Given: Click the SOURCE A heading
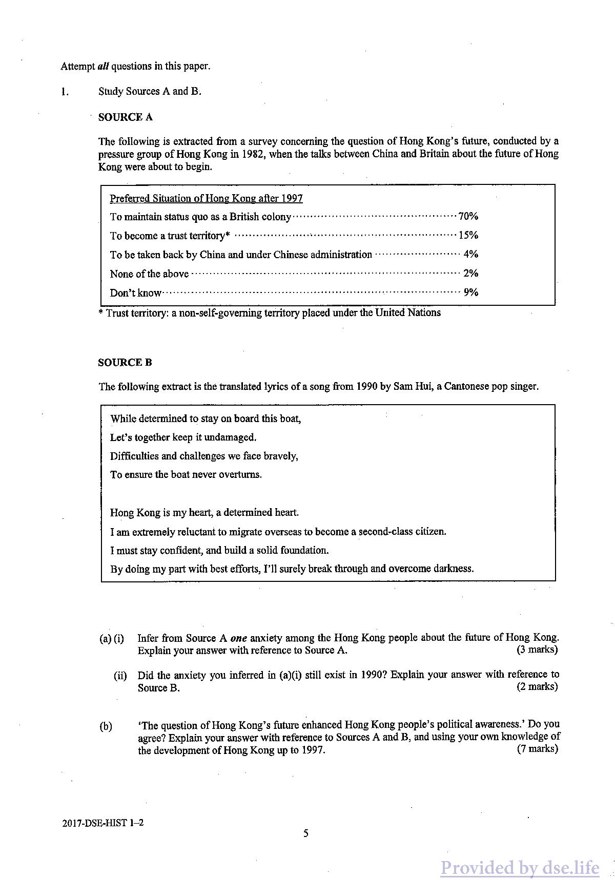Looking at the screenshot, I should coord(126,117).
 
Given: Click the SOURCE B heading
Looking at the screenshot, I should coord(125,363).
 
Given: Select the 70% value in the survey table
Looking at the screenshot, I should coord(468,216).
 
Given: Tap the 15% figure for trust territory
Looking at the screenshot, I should coord(468,235).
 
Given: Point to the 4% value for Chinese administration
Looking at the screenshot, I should coord(470,254).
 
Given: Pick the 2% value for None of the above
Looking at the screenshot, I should coord(470,273).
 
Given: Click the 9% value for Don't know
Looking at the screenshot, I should coord(470,292).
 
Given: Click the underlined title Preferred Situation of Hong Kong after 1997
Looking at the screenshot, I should coord(206,198).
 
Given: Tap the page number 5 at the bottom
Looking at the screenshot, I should coord(306,833).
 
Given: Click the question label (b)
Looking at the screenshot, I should coord(106,726).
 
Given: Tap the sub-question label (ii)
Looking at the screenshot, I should coord(120,676).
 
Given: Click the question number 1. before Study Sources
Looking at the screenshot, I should coord(64,92).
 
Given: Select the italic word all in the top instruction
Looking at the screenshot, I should coord(103,66).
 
